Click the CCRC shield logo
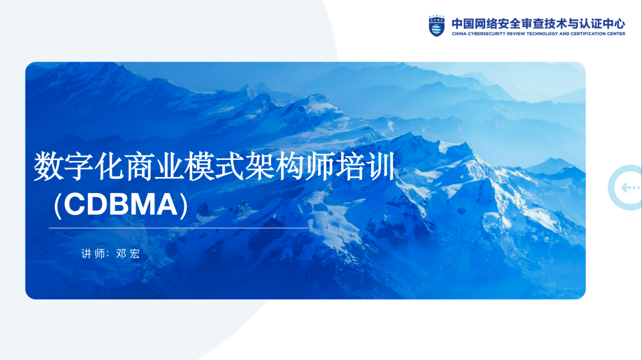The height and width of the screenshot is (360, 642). pyautogui.click(x=436, y=26)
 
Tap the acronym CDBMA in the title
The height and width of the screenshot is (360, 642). pyautogui.click(x=121, y=204)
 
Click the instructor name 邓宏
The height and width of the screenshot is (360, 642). pyautogui.click(x=128, y=254)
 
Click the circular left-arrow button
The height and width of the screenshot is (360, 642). pyautogui.click(x=628, y=188)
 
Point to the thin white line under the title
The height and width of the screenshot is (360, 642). pyautogui.click(x=178, y=228)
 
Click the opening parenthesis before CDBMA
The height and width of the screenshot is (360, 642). pyautogui.click(x=57, y=204)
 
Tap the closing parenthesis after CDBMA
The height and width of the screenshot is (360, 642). pyautogui.click(x=184, y=204)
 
